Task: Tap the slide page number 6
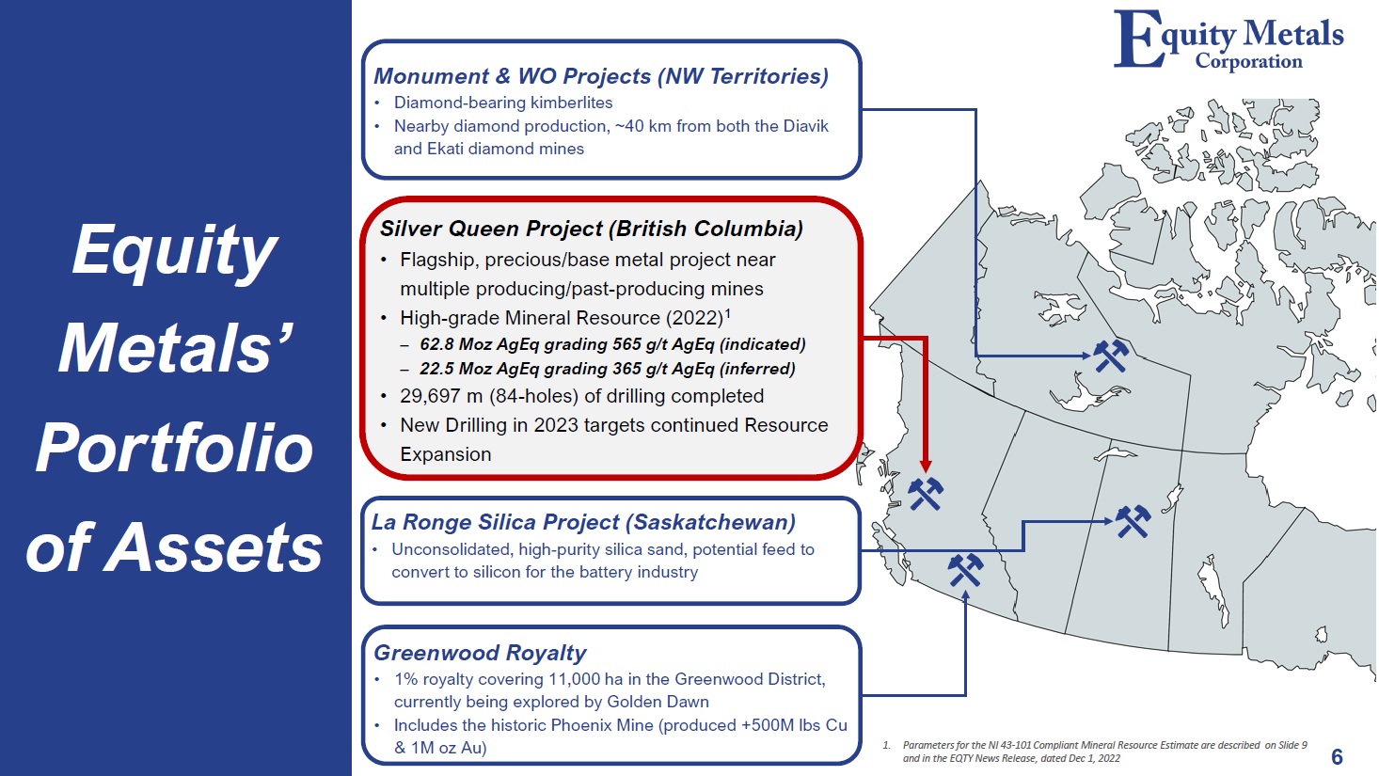1337,756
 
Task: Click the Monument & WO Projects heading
601,76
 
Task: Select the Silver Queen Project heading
591,229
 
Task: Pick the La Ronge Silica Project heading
583,522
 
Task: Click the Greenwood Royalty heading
480,652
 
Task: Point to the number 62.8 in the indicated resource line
436,344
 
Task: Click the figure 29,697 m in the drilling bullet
441,396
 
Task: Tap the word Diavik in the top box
806,126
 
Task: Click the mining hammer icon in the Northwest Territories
1111,356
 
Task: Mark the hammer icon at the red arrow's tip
926,494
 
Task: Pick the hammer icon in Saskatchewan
1133,521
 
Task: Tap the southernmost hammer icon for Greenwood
965,570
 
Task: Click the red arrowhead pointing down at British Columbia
926,466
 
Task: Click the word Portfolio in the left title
175,449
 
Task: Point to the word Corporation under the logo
1248,61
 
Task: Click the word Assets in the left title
214,547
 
